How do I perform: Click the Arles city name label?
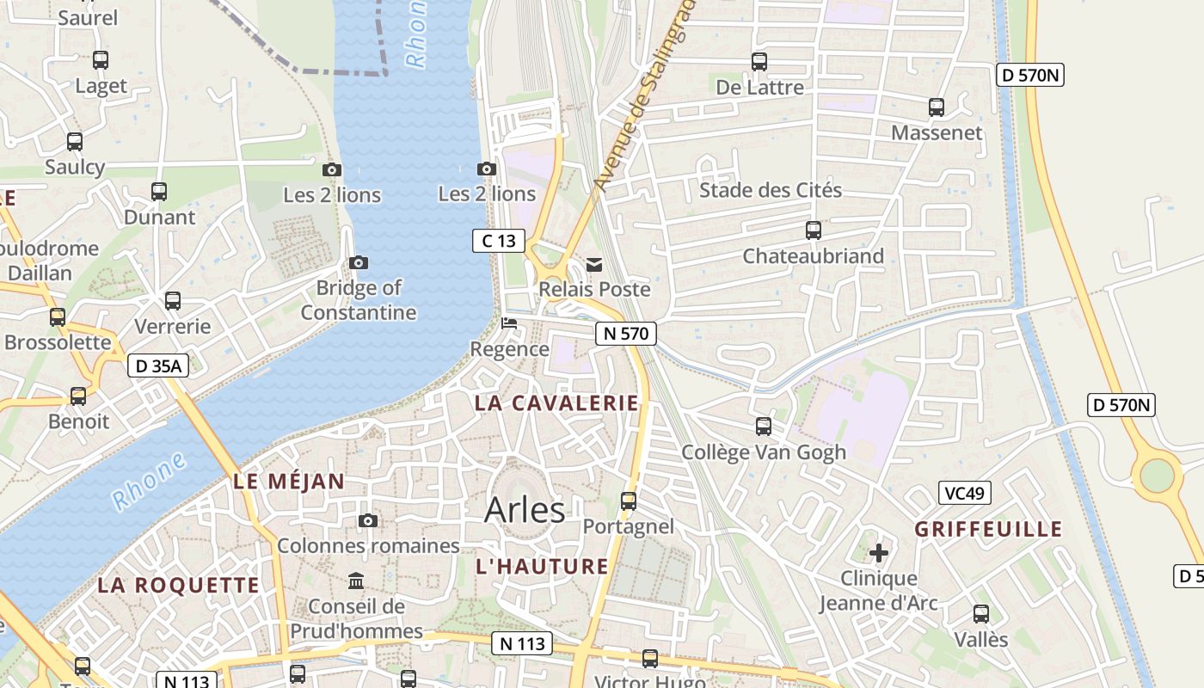point(525,510)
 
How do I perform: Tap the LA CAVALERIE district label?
point(556,402)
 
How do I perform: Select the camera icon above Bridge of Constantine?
point(359,262)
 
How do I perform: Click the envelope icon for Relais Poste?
point(593,264)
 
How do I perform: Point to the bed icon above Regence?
point(509,324)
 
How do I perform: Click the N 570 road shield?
point(626,334)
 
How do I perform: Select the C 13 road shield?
point(499,241)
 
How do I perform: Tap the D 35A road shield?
point(157,365)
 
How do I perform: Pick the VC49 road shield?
point(964,493)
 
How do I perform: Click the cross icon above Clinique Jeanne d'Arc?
point(878,552)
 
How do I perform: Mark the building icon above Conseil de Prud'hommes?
point(356,580)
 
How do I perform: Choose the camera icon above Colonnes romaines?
point(368,520)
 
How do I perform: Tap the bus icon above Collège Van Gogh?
point(763,426)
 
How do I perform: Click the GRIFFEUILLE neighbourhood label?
point(988,528)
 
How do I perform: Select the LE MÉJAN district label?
point(289,482)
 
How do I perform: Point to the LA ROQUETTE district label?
point(178,585)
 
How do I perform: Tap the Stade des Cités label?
point(771,190)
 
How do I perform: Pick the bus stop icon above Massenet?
point(937,107)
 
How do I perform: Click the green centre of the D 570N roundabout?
point(1157,475)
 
